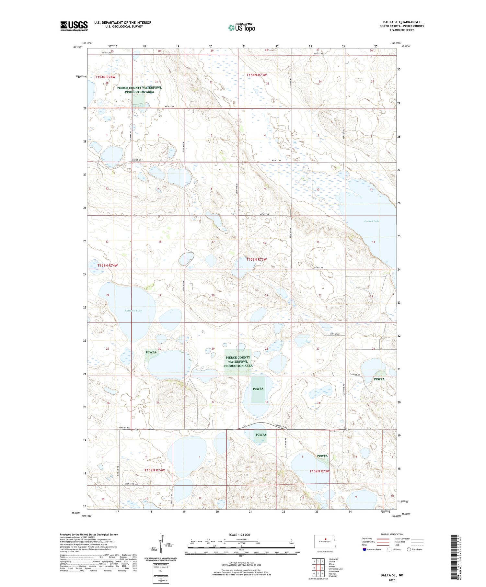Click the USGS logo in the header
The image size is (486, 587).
74,26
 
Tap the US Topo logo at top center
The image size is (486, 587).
241,28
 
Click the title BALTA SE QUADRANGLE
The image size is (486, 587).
401,22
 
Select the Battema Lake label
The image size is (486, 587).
133,310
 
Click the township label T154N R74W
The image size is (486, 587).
105,77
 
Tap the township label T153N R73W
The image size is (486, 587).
257,259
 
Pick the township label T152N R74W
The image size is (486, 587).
155,470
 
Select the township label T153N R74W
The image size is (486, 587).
108,265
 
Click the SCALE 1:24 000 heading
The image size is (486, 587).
239,535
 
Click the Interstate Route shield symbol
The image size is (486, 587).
364,549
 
